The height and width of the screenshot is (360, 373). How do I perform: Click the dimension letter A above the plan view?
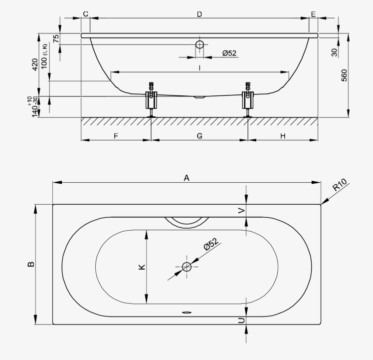tap(186, 178)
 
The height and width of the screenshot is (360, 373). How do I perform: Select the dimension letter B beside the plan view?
tap(31, 264)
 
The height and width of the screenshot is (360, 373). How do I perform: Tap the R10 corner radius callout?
tap(340, 185)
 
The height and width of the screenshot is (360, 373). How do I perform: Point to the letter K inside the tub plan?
tap(142, 267)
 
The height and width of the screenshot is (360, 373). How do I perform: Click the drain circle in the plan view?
tap(186, 267)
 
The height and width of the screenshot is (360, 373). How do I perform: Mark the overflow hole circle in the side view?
tap(199, 44)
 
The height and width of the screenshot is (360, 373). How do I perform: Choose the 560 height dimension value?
tap(344, 75)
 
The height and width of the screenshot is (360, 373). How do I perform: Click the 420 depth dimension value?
tap(35, 64)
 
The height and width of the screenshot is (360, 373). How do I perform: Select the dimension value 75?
tap(56, 38)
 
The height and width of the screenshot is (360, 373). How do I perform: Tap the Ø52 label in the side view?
tap(229, 53)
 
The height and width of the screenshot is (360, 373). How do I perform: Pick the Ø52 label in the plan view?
tap(211, 244)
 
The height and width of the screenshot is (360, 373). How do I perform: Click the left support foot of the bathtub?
tap(151, 100)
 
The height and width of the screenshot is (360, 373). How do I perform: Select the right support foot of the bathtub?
tap(248, 100)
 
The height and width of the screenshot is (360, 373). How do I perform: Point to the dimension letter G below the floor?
tap(199, 136)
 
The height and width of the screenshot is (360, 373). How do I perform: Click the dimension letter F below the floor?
tap(116, 136)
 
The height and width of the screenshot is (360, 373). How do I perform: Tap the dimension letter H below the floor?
tap(283, 136)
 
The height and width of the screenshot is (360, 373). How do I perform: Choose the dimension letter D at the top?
tap(199, 14)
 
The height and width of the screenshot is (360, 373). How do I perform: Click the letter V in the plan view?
tap(241, 211)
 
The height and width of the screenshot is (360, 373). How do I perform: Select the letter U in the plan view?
tap(241, 321)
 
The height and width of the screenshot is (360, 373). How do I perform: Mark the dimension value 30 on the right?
tap(334, 52)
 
